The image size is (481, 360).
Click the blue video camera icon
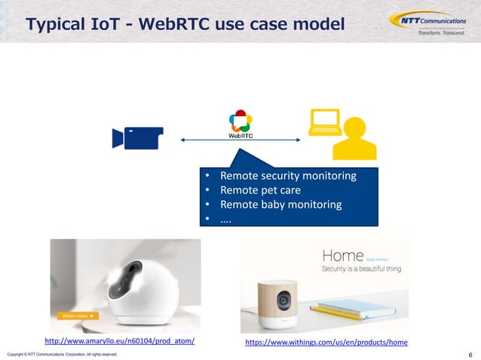coord(137,139)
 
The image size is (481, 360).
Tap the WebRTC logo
coord(240,124)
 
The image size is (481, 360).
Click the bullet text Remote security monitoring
coord(287,175)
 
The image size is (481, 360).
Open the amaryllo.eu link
coord(120,341)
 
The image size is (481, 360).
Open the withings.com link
coord(326,342)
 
